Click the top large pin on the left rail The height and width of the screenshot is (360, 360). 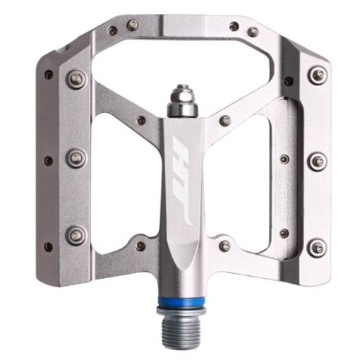[76, 79]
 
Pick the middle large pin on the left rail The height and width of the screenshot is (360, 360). [76, 157]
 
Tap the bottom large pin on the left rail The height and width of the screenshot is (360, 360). [76, 234]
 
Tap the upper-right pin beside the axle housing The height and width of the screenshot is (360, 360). [224, 121]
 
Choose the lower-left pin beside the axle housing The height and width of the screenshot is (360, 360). [140, 246]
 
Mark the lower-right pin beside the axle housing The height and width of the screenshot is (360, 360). [224, 246]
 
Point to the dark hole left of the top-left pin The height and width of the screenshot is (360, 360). [49, 73]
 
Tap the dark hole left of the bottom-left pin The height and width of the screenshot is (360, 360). [49, 246]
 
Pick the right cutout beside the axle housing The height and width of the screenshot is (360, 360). [247, 184]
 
